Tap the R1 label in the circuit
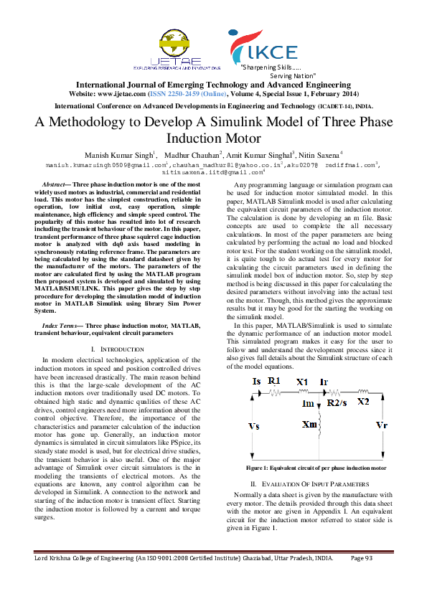273,381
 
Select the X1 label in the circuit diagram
301,381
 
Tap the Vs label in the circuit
253,425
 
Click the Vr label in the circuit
381,425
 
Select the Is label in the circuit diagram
256,382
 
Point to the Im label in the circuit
308,404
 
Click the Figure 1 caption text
316,468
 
